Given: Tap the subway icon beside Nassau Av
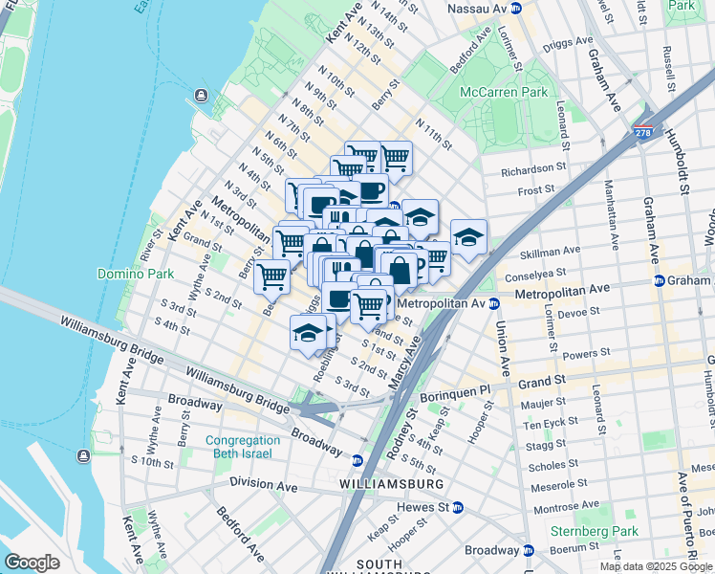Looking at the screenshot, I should [x=515, y=8].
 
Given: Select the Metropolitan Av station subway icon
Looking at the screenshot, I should [x=494, y=303].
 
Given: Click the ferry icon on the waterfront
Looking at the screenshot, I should [x=201, y=95].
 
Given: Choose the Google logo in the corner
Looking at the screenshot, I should [x=33, y=563].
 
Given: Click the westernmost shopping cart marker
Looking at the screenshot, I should [x=272, y=276].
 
